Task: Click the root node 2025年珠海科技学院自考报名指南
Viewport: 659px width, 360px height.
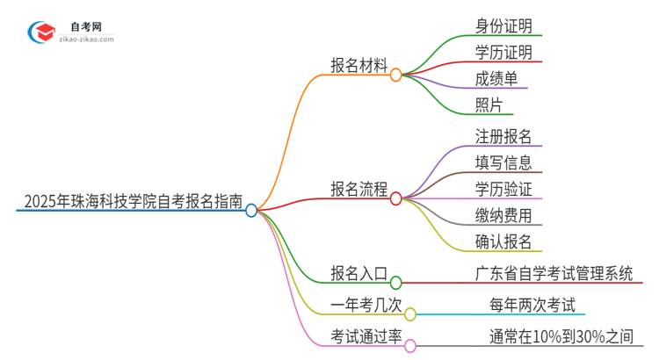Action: (x=129, y=200)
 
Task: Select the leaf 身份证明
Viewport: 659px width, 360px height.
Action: (x=503, y=25)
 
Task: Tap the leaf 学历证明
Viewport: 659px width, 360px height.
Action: (x=503, y=52)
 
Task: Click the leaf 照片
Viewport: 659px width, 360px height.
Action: (x=489, y=105)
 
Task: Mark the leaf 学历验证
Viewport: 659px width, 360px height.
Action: (x=503, y=189)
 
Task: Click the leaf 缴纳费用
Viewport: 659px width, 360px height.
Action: (x=503, y=215)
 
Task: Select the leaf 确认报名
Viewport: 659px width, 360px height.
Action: (x=503, y=241)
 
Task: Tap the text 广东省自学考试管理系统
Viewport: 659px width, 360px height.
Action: (x=552, y=273)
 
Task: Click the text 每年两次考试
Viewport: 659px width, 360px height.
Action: (x=536, y=305)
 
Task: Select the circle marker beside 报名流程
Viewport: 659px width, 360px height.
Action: (x=396, y=199)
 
